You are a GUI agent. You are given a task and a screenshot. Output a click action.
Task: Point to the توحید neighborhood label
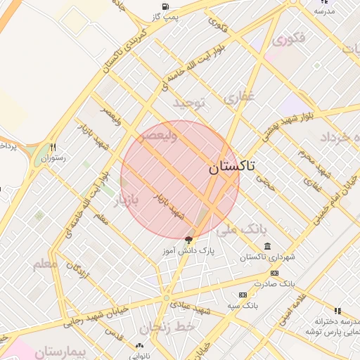tap(191, 103)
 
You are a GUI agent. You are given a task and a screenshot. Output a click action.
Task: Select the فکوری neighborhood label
tap(290, 39)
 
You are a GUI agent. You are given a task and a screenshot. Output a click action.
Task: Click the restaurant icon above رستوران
tap(53, 148)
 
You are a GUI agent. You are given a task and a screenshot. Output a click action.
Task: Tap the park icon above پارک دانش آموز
tap(188, 240)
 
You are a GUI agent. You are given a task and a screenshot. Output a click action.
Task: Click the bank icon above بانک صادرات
tap(274, 273)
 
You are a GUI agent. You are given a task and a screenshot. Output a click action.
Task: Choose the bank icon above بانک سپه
tap(243, 295)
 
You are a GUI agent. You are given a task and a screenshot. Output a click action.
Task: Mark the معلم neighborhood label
tap(46, 265)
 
